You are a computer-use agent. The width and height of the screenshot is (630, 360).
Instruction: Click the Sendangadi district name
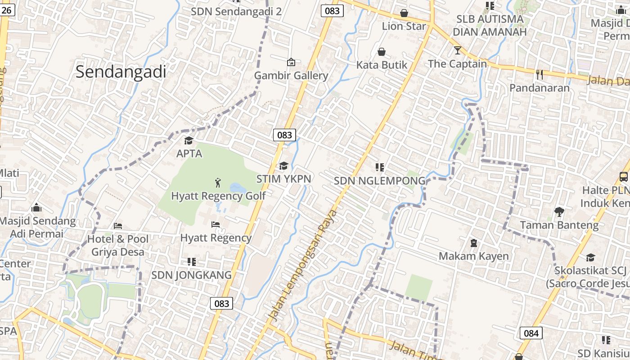click(121, 72)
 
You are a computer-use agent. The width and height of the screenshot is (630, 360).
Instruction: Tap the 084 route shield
click(531, 333)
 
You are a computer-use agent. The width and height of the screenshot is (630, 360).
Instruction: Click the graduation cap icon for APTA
click(189, 140)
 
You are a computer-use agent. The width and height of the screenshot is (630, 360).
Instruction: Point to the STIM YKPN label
click(283, 179)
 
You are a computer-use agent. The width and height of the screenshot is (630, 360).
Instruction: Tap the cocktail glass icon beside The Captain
click(458, 50)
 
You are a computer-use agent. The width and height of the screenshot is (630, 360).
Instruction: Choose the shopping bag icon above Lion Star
click(404, 13)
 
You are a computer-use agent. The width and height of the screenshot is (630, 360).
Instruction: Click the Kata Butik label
click(382, 65)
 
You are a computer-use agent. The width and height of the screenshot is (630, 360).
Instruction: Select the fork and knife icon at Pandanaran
click(540, 74)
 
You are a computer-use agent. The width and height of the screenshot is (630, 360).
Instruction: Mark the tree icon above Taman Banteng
click(559, 211)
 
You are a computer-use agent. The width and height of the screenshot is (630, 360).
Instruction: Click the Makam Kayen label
click(474, 256)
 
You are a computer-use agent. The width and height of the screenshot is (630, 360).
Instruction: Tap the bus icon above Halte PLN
click(624, 176)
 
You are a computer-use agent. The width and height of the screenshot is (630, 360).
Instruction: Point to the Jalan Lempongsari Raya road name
click(304, 265)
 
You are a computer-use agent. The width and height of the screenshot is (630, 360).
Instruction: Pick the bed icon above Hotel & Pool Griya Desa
click(118, 225)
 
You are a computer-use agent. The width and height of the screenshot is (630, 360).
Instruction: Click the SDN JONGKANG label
click(191, 274)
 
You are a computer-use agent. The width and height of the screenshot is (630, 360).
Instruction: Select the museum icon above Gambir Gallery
click(291, 62)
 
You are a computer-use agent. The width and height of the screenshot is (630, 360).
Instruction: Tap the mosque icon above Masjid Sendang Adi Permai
click(36, 207)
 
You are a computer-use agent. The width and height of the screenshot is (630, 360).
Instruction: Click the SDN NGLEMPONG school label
click(379, 180)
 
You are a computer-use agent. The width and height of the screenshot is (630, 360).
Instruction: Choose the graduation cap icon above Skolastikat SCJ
click(590, 257)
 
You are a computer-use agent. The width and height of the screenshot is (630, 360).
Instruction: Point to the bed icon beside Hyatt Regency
click(216, 224)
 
